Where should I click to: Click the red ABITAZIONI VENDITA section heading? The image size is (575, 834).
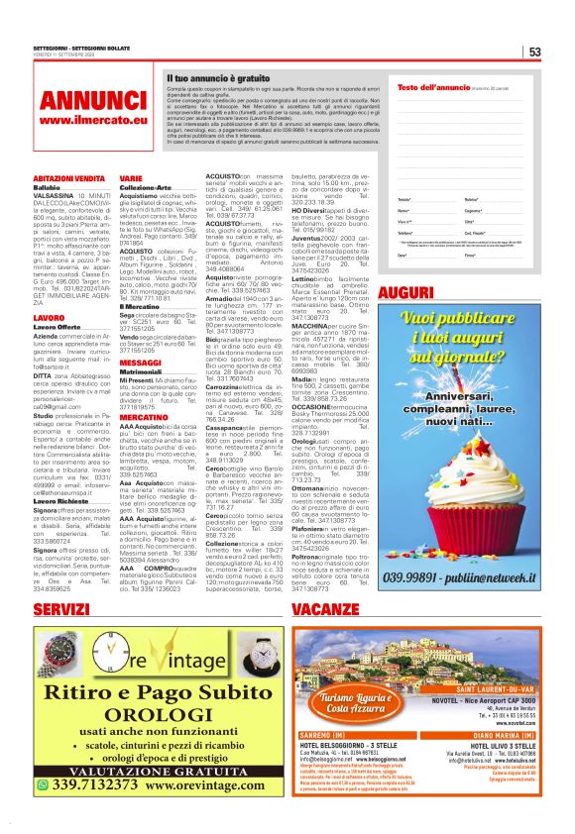[68, 177]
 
